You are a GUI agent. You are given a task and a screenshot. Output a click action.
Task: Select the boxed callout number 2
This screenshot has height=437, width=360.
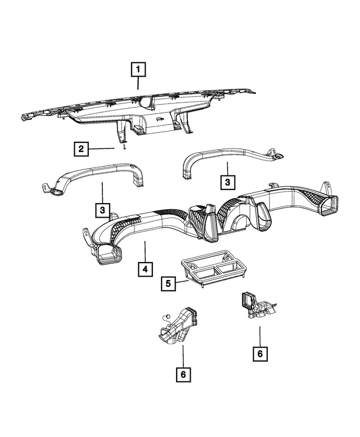tap(82, 149)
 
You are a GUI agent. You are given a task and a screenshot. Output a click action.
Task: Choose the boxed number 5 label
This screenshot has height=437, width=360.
tap(168, 283)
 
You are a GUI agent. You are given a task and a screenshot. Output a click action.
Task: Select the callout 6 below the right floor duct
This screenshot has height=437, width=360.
tap(259, 354)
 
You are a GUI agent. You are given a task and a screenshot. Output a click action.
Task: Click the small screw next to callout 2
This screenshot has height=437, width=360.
tap(121, 148)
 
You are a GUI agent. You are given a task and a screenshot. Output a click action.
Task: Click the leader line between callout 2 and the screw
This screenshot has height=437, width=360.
tap(104, 149)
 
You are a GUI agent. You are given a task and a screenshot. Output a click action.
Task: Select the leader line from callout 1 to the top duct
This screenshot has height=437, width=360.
tap(138, 84)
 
